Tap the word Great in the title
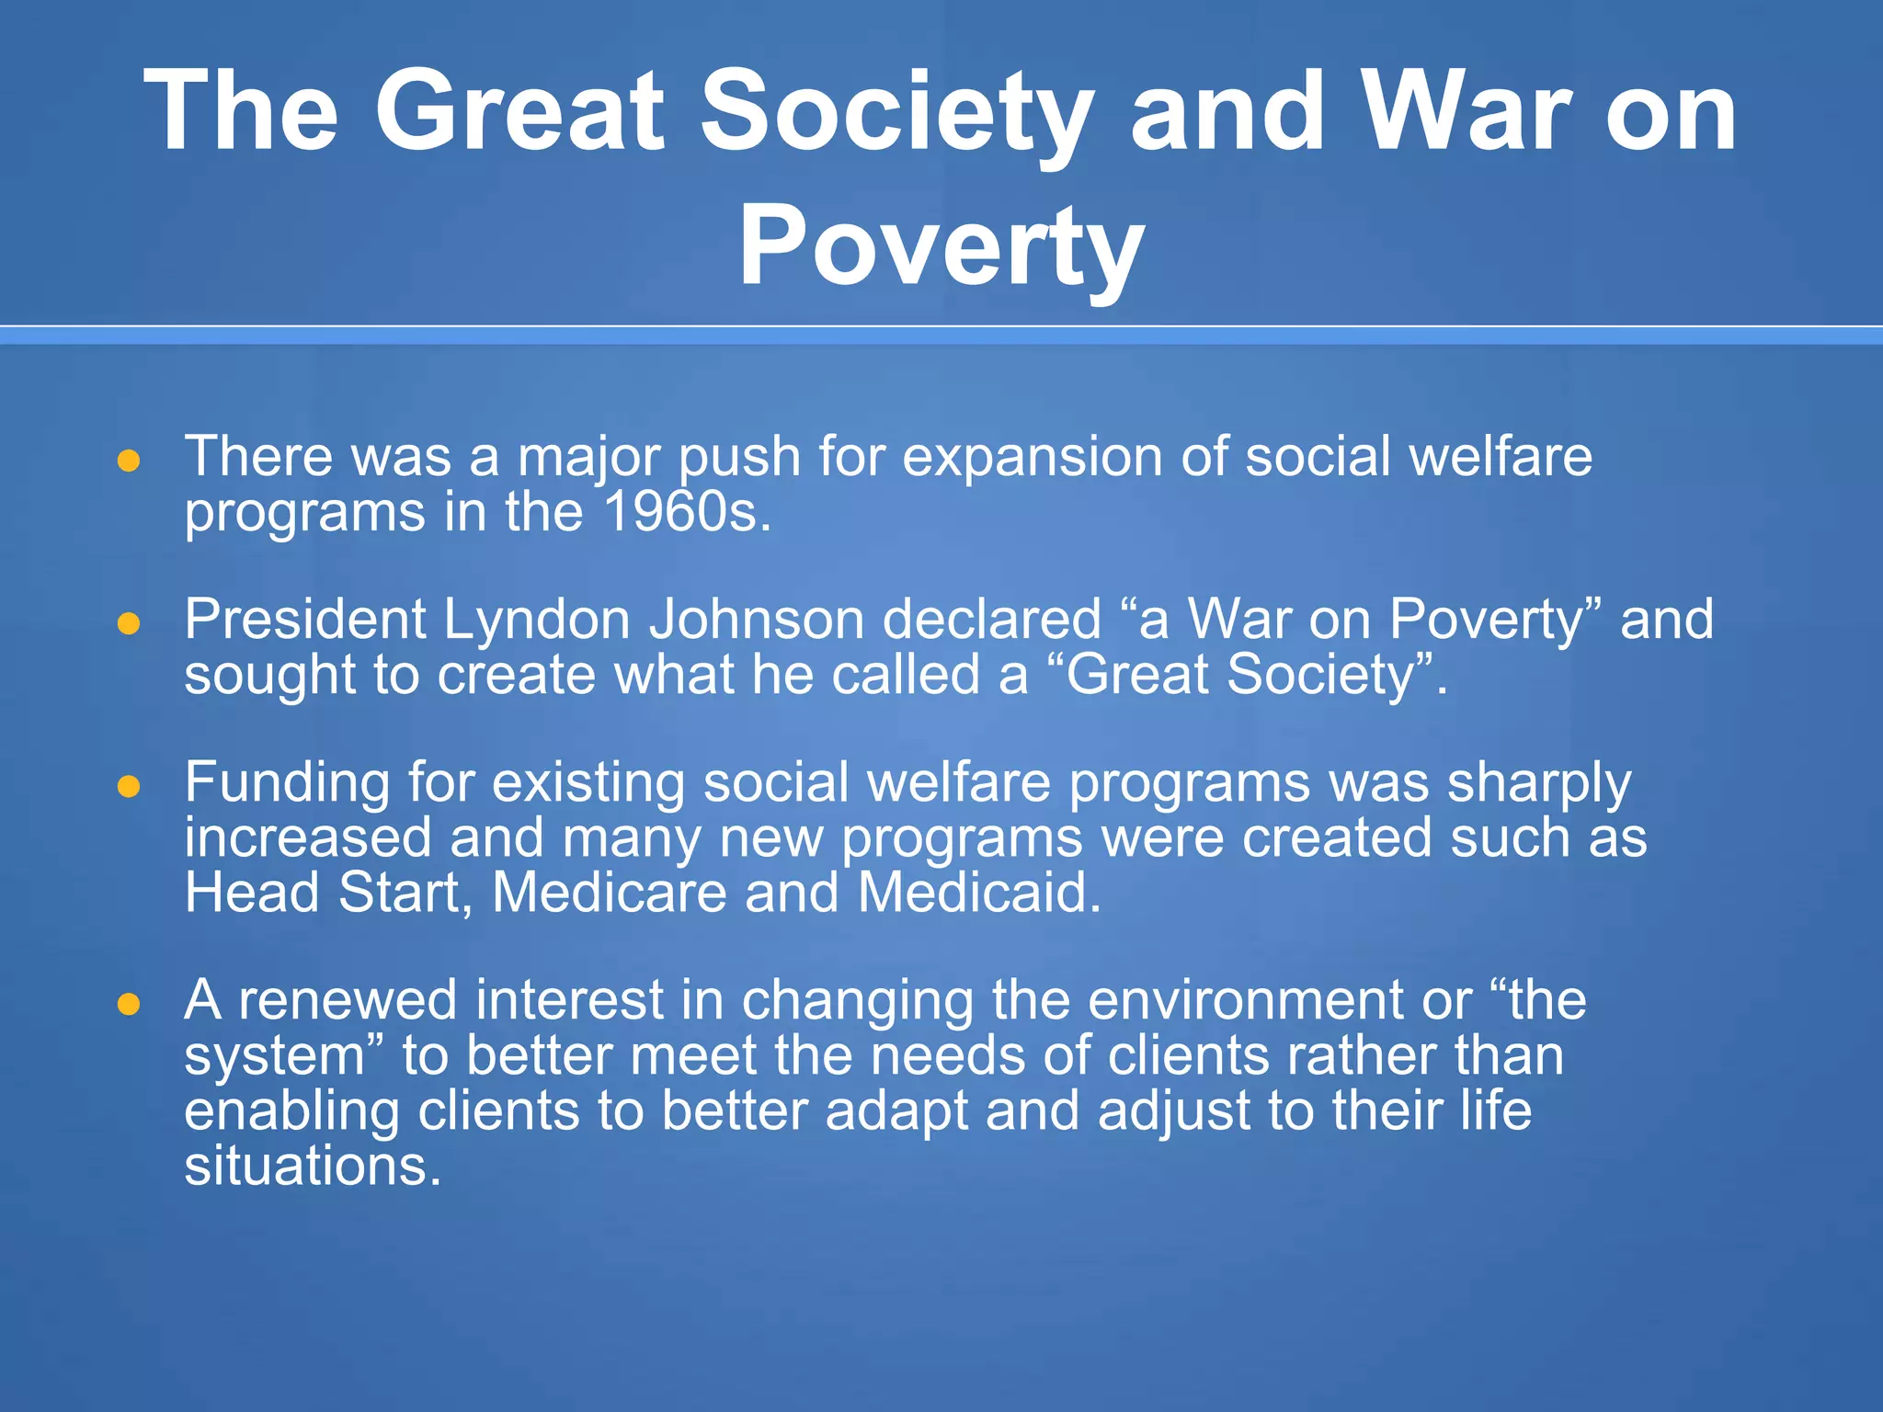(519, 112)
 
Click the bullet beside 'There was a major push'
(129, 461)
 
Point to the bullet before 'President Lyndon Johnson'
(129, 624)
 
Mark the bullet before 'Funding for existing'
(129, 787)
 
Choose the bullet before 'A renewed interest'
(129, 1005)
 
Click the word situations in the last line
(313, 1166)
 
